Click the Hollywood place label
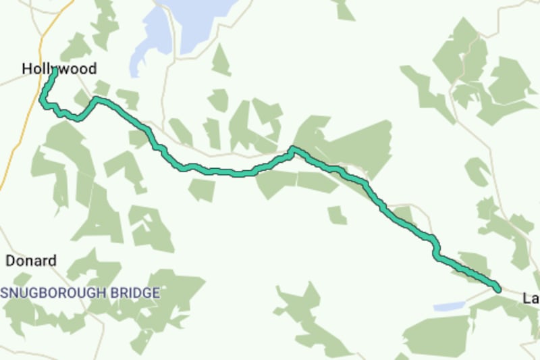(59, 68)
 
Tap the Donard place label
(31, 261)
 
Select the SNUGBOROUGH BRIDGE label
(80, 293)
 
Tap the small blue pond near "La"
(449, 307)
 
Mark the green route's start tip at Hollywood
(53, 70)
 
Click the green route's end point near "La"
(498, 288)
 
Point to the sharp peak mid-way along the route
(293, 149)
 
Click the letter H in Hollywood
(26, 68)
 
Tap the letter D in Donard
(10, 261)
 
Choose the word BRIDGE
(138, 293)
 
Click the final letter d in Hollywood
(92, 68)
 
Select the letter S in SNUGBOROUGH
(4, 293)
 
